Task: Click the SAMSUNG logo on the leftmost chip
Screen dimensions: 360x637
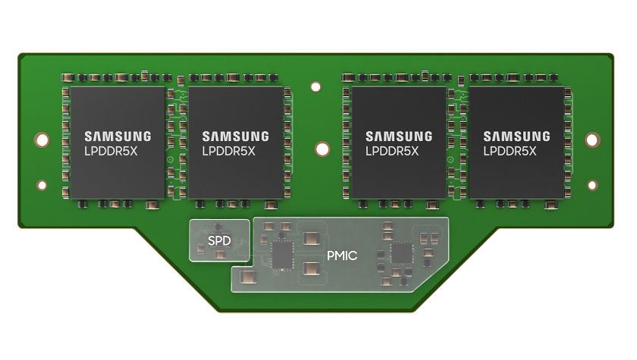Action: (x=118, y=136)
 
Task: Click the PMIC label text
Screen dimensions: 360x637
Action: (x=342, y=255)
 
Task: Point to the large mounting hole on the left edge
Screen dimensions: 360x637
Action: (x=42, y=140)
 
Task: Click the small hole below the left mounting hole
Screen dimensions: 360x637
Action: (x=42, y=185)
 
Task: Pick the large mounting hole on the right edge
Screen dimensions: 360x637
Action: (x=593, y=140)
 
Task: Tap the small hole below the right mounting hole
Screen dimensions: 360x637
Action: (x=592, y=185)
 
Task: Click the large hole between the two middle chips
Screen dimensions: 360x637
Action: (x=322, y=149)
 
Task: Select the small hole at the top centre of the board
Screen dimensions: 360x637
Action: (x=315, y=87)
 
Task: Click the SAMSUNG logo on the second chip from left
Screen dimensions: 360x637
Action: (x=235, y=136)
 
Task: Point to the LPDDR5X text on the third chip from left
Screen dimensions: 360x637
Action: (x=398, y=151)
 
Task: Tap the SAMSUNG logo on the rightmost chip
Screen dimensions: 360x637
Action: (x=516, y=136)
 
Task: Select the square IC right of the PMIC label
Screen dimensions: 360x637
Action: (x=401, y=253)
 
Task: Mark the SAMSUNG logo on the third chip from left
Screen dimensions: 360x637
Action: (x=399, y=136)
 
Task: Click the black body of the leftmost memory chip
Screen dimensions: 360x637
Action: (x=114, y=178)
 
